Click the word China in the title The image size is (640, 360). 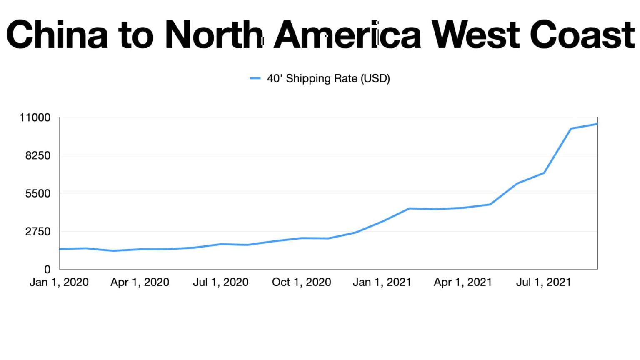57,34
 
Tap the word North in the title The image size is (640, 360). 214,34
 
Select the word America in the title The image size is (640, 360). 347,34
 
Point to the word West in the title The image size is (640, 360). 475,34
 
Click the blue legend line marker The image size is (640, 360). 255,78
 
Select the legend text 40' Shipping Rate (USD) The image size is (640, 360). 328,78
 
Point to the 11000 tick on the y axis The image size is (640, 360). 35,117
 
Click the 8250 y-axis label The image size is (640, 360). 37,155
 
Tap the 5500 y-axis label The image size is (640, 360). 37,193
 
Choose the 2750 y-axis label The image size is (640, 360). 37,231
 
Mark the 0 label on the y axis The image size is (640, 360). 47,270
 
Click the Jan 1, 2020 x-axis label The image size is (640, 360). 59,282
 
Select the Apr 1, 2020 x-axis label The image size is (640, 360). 140,282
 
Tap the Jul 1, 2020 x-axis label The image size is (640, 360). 221,282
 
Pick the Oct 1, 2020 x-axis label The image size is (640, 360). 302,282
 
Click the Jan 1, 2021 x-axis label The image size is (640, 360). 382,282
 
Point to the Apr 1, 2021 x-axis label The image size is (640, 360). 463,282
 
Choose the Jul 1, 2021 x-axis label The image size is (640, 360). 544,282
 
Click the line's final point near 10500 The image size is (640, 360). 597,124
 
